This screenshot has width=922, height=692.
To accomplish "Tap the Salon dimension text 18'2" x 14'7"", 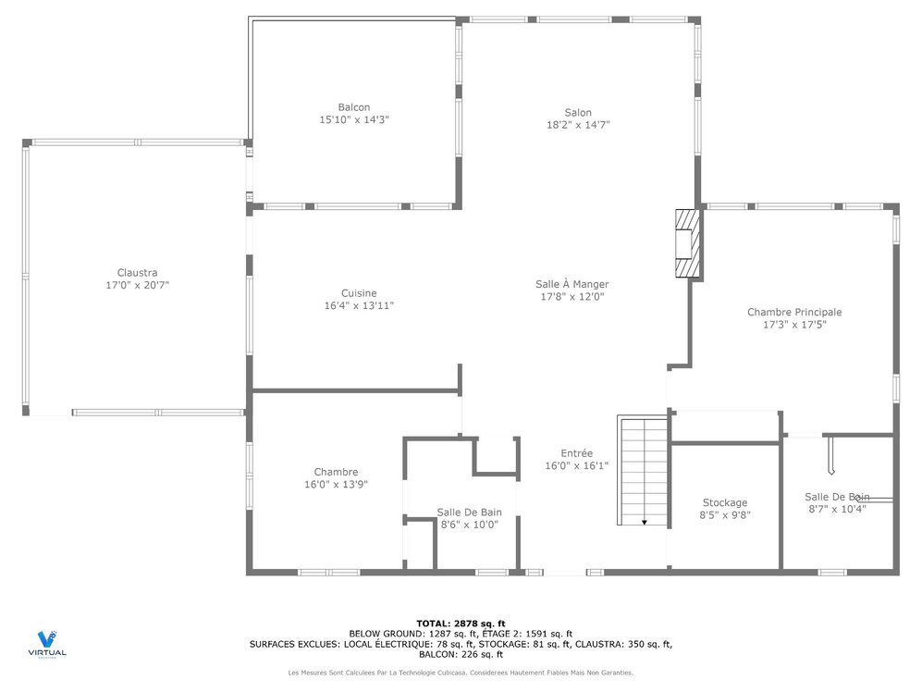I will [x=578, y=125].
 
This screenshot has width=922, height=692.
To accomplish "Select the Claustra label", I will [x=137, y=273].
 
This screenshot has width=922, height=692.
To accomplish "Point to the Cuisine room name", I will [x=359, y=293].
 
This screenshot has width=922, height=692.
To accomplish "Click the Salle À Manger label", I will [x=572, y=284].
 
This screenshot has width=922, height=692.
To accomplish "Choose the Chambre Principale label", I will [x=794, y=313].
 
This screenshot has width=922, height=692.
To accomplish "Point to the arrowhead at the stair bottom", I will [x=645, y=523].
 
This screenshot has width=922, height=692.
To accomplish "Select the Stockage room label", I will [x=724, y=503].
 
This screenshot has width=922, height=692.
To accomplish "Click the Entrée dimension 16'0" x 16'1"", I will [x=576, y=466].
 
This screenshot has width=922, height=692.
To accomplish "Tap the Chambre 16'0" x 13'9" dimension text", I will [x=336, y=485].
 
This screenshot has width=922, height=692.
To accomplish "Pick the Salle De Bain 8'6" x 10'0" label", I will [x=469, y=513].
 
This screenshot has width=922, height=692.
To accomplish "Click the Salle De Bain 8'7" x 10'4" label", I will [x=836, y=497].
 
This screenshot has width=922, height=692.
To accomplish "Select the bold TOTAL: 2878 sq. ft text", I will [x=461, y=624].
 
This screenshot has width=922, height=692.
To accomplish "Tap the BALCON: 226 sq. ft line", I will [x=461, y=654].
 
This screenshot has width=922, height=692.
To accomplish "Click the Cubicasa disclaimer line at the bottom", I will [x=461, y=673].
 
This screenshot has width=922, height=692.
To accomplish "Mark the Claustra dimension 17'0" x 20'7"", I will [x=137, y=286].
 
